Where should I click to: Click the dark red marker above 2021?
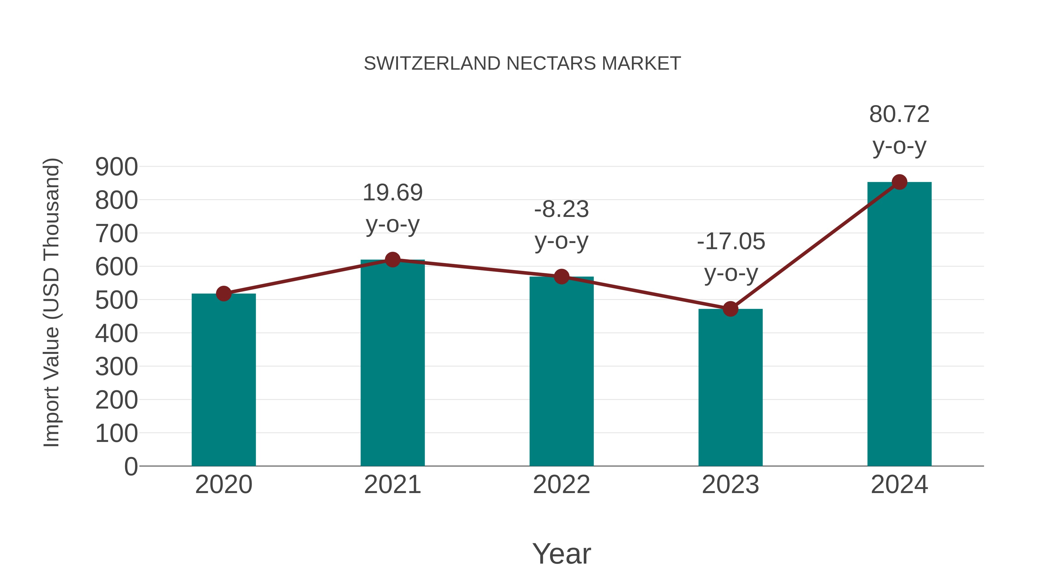392,259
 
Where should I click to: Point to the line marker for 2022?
561,277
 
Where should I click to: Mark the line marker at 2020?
224,293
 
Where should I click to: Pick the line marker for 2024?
899,182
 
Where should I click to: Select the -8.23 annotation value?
561,209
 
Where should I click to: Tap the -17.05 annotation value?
731,242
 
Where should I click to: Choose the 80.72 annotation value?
899,114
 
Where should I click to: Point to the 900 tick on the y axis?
116,167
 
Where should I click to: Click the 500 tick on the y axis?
116,300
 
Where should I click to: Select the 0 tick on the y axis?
131,466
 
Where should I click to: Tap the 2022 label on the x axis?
561,485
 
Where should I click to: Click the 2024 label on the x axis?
899,485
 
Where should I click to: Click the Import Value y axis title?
52,302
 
